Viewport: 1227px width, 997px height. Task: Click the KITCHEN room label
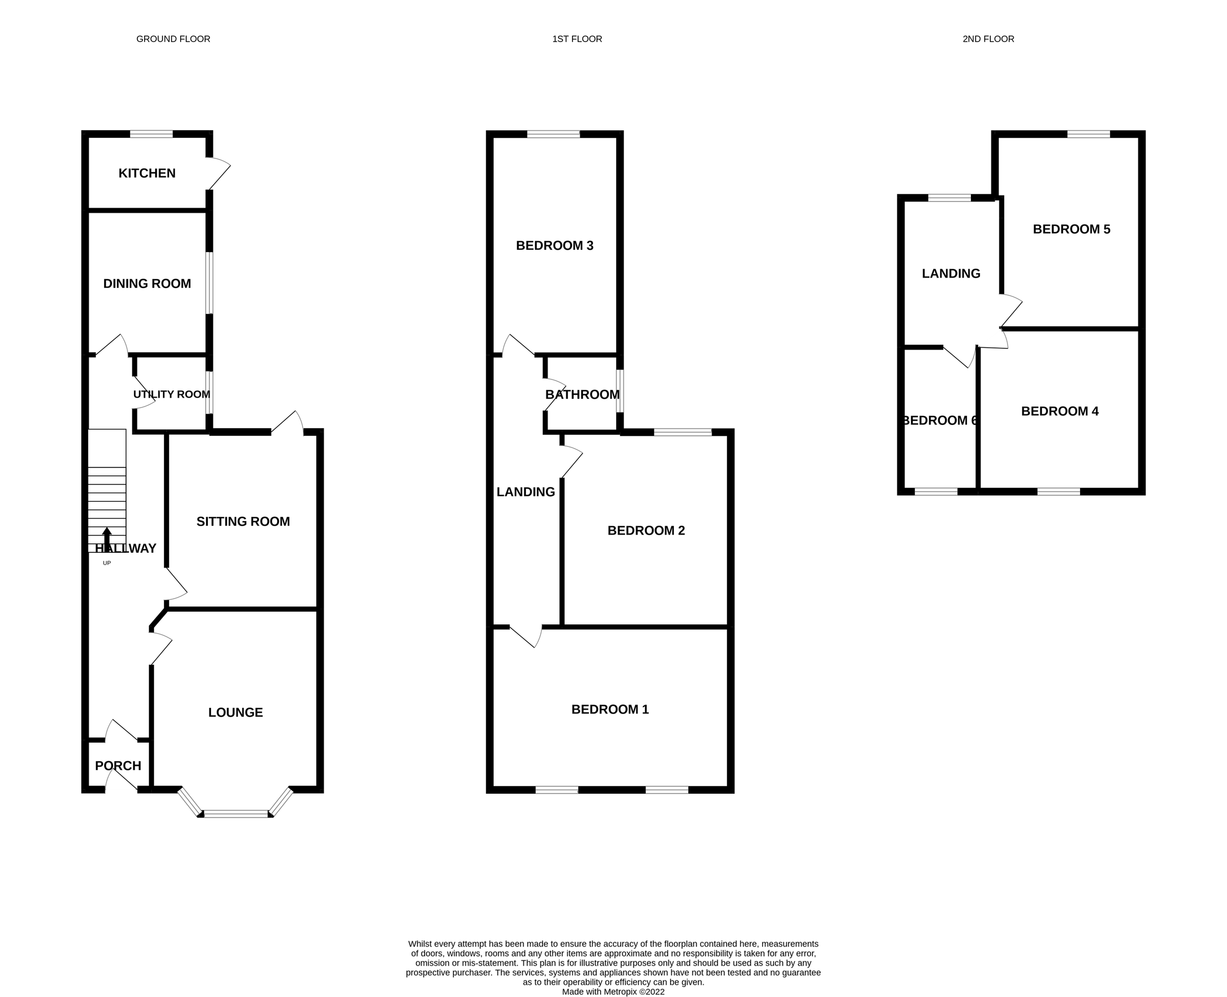point(146,173)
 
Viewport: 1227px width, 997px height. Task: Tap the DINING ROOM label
point(146,284)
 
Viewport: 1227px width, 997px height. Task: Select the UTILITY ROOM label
point(171,394)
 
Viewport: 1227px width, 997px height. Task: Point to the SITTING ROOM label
point(243,521)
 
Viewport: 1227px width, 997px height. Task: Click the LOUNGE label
point(235,712)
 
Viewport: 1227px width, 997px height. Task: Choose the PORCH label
point(118,765)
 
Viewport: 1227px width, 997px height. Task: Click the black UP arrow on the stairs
point(107,539)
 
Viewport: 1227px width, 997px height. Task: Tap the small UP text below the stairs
point(107,563)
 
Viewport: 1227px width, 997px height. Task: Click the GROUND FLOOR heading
point(173,39)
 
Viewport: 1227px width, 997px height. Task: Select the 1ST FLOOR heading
point(577,39)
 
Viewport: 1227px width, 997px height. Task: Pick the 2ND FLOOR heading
point(988,39)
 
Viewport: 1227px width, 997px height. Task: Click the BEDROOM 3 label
point(555,246)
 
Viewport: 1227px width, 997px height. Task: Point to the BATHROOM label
point(582,394)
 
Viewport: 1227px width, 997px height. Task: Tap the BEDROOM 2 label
point(646,531)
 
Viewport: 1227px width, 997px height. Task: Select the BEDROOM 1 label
point(610,710)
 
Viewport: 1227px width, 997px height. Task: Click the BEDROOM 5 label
point(1071,229)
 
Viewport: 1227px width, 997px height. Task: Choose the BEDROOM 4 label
point(1060,411)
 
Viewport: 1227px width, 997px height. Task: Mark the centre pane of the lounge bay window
point(236,813)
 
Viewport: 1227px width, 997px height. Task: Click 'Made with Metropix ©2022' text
point(613,991)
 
